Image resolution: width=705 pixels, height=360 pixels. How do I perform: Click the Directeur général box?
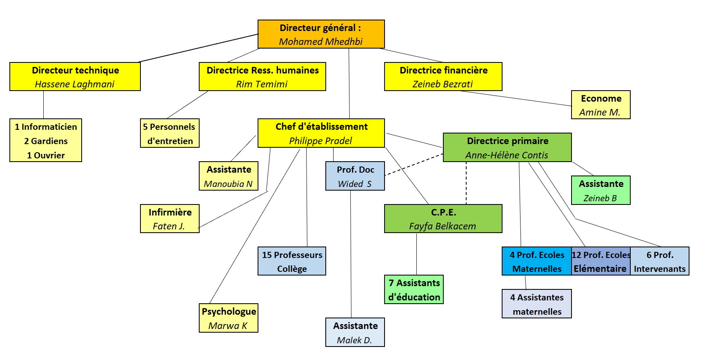[321, 34]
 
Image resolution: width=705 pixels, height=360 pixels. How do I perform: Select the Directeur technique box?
[75, 77]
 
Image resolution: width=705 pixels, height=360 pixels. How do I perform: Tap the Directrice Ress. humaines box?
[262, 77]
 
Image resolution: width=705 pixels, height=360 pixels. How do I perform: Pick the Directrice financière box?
[443, 77]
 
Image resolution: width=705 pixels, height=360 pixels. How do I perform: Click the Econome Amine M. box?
[600, 105]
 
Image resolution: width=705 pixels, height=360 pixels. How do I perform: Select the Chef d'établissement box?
[321, 133]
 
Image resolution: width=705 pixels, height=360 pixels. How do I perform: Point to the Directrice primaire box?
[507, 147]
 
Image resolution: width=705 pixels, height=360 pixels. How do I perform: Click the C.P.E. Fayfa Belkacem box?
[443, 219]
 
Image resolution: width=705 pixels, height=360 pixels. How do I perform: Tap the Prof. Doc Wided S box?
[355, 176]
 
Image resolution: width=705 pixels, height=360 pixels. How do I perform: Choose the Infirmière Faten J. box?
[169, 219]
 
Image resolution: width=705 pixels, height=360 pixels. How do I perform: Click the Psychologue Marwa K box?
[228, 318]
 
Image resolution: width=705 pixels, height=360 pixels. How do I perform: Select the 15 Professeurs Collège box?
[291, 261]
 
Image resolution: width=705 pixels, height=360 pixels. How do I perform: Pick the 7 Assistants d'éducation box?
[414, 289]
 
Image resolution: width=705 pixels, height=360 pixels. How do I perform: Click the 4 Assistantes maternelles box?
[536, 304]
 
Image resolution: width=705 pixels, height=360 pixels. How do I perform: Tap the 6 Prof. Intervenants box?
[660, 261]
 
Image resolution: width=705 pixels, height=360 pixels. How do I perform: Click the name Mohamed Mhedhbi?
[321, 42]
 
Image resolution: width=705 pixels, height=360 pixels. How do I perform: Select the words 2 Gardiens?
[46, 141]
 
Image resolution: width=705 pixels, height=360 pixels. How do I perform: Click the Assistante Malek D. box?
[355, 332]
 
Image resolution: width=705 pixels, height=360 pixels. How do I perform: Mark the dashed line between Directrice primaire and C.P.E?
[466, 184]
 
